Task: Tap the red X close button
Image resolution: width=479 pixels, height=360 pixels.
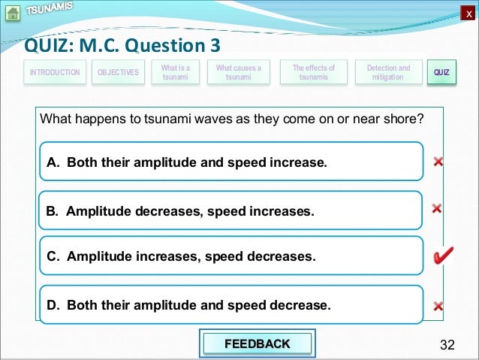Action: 469,14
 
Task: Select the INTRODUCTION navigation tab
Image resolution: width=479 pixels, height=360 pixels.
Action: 54,72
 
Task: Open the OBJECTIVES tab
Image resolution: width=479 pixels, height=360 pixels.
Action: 118,72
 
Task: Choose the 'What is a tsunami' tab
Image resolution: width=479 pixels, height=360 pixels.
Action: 175,72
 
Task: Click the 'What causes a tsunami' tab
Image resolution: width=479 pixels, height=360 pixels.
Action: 238,72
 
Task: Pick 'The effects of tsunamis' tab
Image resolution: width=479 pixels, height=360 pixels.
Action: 313,72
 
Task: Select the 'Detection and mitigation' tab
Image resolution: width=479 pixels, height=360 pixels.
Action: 388,72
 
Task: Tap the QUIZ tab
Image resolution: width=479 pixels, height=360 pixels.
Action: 441,72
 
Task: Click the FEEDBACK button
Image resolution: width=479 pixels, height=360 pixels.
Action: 258,344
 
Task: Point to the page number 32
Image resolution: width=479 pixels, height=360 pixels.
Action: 447,345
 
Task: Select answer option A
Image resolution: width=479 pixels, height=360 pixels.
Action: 231,162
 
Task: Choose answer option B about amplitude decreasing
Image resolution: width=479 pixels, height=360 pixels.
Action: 231,211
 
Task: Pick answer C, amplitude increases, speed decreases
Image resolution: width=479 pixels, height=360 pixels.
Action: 231,256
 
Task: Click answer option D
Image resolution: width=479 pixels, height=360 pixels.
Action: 231,305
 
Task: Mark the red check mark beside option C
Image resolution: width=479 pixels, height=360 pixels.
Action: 442,257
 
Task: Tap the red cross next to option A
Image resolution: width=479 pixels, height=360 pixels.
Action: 438,161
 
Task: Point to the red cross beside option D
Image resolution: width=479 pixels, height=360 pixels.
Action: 438,306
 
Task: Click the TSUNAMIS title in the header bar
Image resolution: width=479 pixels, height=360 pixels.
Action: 50,9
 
